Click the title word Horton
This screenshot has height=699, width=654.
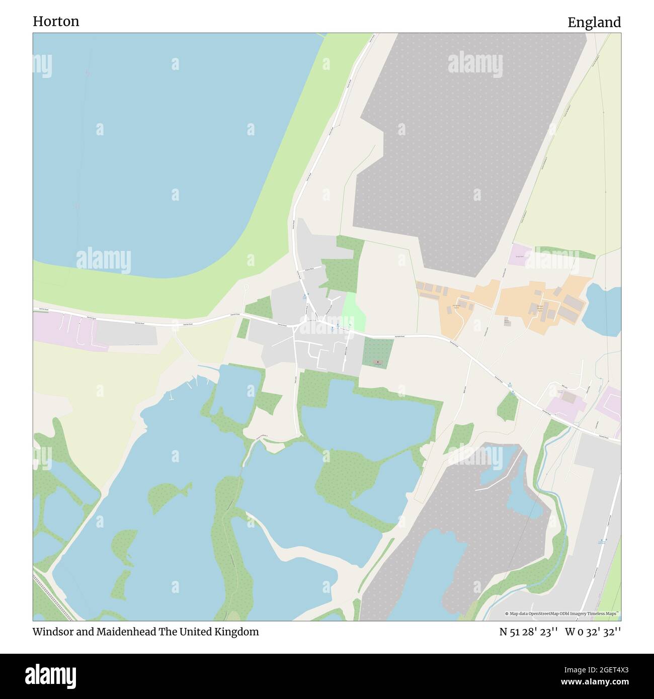coord(56,22)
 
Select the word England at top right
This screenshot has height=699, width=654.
coord(594,23)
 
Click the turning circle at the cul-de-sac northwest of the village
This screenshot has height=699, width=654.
coord(246,287)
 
